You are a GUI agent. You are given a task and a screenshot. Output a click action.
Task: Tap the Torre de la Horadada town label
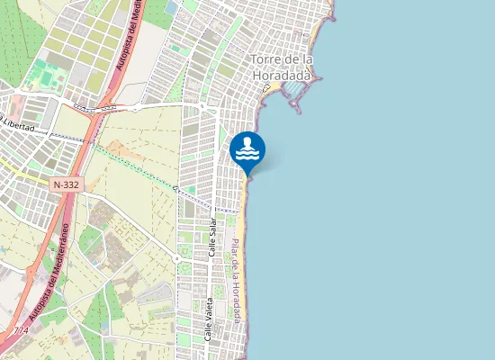click(281, 68)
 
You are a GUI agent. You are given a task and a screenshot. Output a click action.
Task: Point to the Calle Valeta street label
click(209, 319)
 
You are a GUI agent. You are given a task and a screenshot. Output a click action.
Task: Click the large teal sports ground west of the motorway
click(40, 76)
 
